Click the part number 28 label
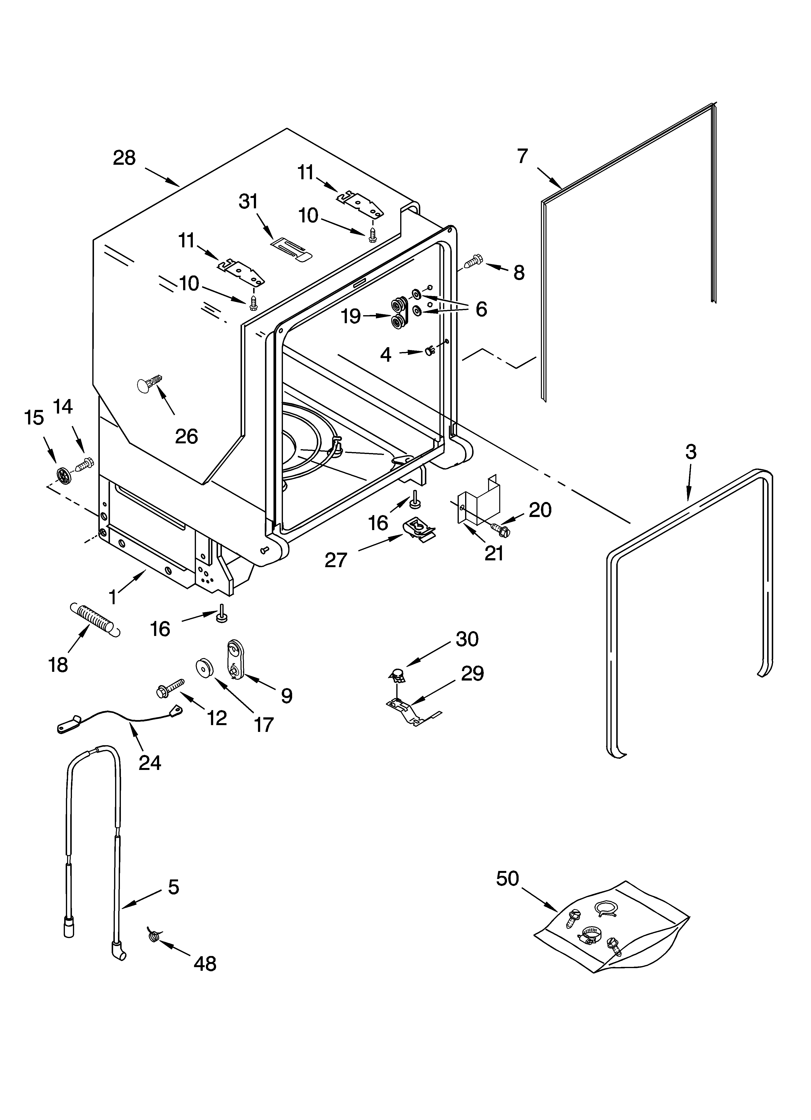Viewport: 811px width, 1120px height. pyautogui.click(x=124, y=158)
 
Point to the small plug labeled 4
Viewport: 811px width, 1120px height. pyautogui.click(x=429, y=351)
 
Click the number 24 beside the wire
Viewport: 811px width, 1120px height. pyautogui.click(x=150, y=763)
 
